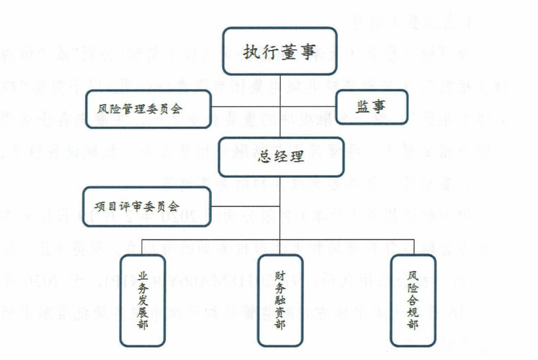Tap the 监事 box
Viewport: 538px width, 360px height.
click(x=371, y=106)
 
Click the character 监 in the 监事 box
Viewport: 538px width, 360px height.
click(x=363, y=106)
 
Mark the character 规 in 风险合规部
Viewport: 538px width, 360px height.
click(x=413, y=313)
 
